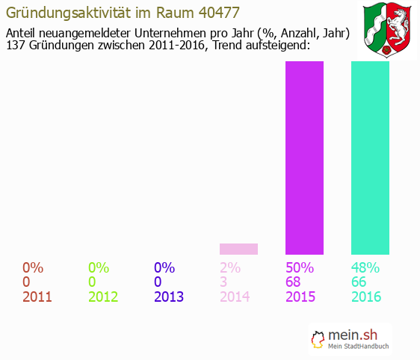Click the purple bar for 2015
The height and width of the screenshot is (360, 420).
click(x=304, y=158)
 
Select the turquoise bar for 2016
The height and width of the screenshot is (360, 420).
click(x=370, y=158)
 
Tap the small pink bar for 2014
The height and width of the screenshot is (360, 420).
click(x=238, y=249)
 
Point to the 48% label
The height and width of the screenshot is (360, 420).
click(x=366, y=267)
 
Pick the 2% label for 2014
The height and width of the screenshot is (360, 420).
click(x=230, y=267)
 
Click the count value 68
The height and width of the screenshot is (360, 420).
click(x=294, y=282)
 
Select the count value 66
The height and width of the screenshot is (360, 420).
click(x=360, y=282)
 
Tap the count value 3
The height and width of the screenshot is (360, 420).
click(x=223, y=282)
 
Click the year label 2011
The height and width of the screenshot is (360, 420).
click(x=37, y=297)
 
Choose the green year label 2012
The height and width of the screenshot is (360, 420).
click(x=103, y=297)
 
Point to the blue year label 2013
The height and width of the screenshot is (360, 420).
click(x=169, y=297)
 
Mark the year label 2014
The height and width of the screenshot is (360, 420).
click(x=235, y=297)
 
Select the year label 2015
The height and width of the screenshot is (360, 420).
click(x=300, y=297)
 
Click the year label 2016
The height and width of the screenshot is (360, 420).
click(x=366, y=297)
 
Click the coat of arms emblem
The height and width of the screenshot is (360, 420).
click(x=389, y=30)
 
